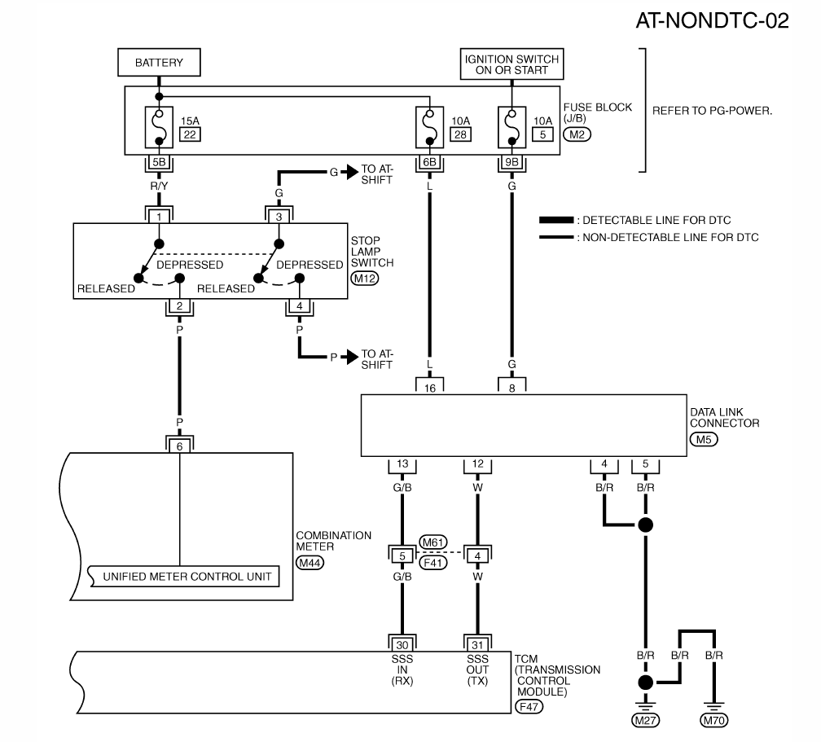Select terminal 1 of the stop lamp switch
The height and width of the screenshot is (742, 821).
159,217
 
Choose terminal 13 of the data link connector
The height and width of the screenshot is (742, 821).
402,465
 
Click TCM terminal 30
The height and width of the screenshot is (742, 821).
402,641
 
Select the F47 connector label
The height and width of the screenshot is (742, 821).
530,707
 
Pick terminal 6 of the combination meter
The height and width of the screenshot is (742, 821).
179,445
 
